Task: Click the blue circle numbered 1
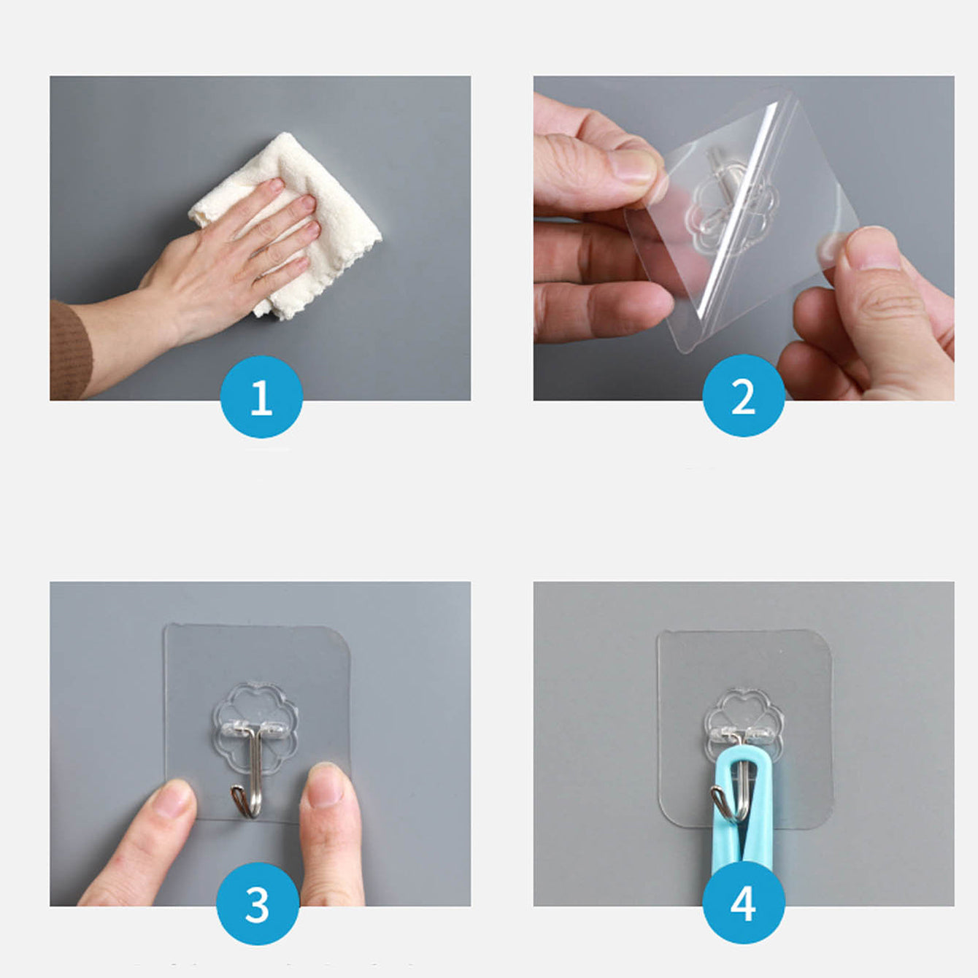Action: tap(261, 396)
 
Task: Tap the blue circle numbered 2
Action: tap(743, 396)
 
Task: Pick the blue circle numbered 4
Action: tap(743, 904)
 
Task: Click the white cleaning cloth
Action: tap(292, 212)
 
